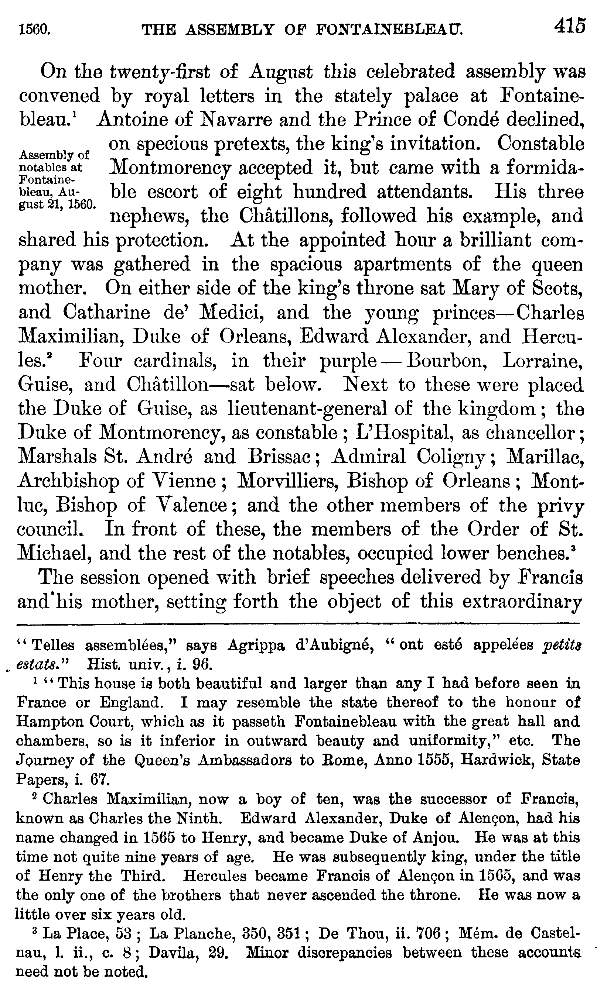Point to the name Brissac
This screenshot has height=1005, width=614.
pos(283,457)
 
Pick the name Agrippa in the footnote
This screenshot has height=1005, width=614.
pos(255,645)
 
